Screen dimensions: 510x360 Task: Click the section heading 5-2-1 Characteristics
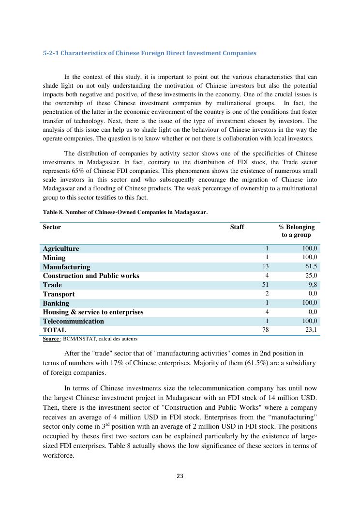[x=150, y=53]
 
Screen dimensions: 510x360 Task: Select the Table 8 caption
[x=125, y=212]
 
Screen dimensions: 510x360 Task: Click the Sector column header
[x=52, y=227]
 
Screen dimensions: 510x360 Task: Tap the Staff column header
[x=237, y=227]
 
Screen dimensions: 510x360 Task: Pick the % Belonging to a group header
[x=296, y=231]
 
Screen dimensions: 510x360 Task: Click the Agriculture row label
[x=61, y=248]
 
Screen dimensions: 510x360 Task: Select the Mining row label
[x=54, y=258]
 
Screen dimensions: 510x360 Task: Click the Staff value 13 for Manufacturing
[x=265, y=266]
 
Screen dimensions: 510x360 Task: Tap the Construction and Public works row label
[x=91, y=276]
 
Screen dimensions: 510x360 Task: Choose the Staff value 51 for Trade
[x=265, y=285]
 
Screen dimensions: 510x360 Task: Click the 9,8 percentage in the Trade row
[x=313, y=285]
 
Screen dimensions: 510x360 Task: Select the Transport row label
[x=59, y=294]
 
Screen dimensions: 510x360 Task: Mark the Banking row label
[x=56, y=303]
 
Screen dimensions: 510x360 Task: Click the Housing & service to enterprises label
[x=93, y=312]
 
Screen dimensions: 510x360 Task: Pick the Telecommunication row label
[x=73, y=321]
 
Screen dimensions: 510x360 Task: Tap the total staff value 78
[x=265, y=330]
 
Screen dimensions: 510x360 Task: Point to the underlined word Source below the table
[x=51, y=339]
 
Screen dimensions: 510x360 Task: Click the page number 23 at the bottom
[x=180, y=476]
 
